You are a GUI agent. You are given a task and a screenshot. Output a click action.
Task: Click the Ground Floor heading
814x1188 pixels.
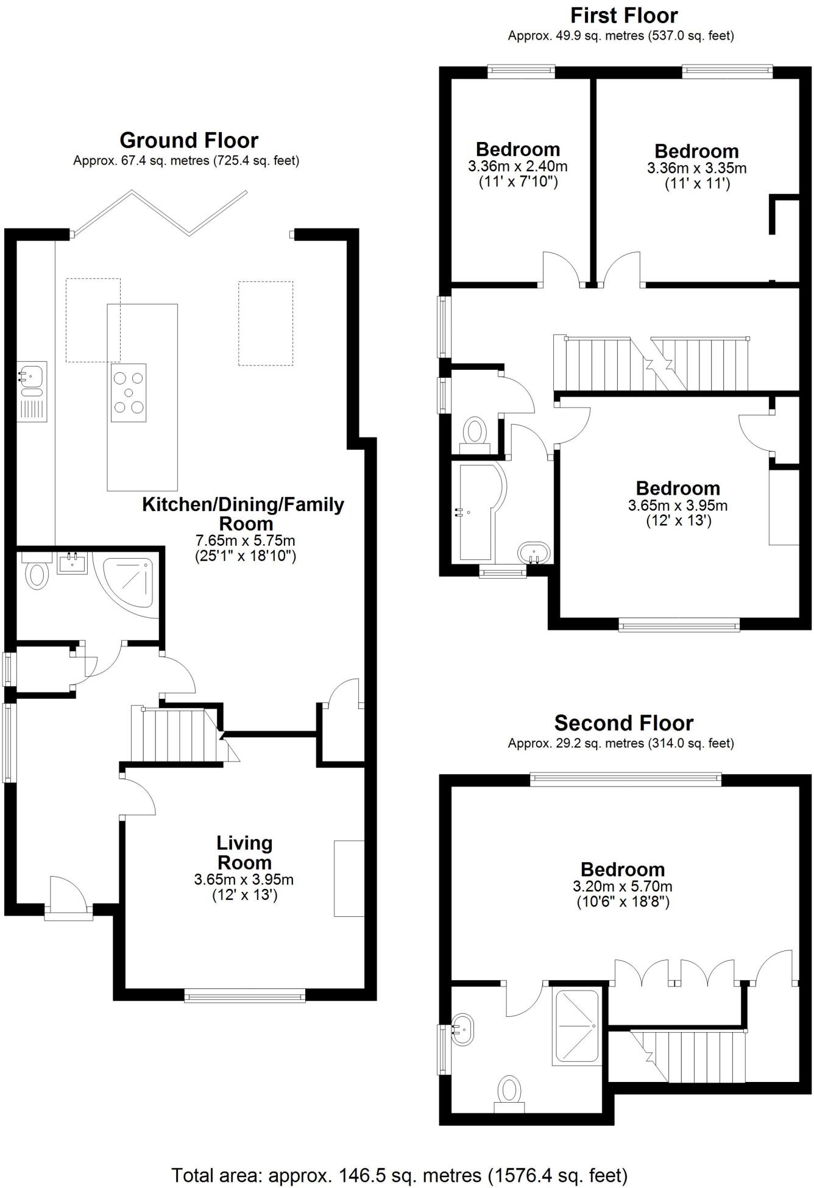tap(189, 141)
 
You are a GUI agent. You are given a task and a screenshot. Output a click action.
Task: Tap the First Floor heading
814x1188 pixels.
tap(624, 15)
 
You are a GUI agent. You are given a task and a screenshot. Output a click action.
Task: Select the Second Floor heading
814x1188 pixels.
tap(623, 723)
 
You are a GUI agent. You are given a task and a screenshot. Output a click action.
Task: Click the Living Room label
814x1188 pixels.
tap(244, 853)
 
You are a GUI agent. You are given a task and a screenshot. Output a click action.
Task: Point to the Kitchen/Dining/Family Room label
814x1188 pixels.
tap(243, 514)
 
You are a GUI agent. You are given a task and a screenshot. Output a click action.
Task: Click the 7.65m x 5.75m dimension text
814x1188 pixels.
tap(245, 540)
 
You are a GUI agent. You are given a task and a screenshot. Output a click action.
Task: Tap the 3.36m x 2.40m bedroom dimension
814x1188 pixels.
tap(517, 166)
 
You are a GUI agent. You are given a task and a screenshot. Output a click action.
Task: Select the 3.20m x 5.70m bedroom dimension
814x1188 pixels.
tap(622, 886)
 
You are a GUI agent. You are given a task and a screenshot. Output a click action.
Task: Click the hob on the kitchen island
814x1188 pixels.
tap(129, 393)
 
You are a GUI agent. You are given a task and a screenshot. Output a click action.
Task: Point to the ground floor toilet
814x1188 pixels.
tap(37, 574)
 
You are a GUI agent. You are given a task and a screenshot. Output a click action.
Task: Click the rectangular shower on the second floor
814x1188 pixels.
tap(575, 1027)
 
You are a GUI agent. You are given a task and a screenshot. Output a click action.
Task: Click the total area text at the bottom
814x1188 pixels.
tap(399, 1175)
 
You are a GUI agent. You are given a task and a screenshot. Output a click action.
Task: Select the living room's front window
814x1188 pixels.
tap(244, 997)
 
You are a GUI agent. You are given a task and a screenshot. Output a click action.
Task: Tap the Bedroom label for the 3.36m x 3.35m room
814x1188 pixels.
tap(696, 151)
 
